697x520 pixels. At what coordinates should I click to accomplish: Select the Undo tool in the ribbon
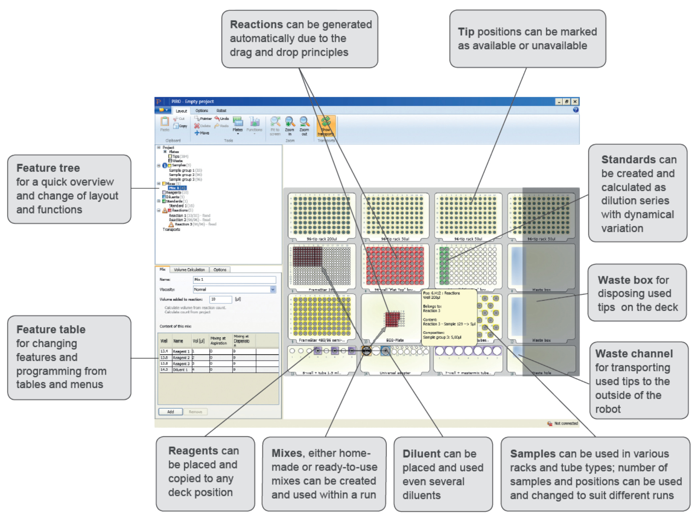coord(222,119)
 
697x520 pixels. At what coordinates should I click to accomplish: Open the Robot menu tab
coord(221,111)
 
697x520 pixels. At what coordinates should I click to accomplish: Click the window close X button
coord(575,102)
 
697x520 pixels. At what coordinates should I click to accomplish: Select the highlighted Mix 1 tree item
coord(177,188)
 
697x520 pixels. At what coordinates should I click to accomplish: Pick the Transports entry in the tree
coord(171,229)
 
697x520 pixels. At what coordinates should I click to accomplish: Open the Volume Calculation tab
coord(189,270)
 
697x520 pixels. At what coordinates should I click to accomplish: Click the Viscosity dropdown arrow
coord(273,289)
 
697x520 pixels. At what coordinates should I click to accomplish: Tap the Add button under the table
coord(171,411)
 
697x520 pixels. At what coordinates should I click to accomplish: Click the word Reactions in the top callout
coord(257,25)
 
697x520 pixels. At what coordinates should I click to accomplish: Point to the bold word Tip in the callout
coord(466,32)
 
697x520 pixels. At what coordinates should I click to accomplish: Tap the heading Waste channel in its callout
coord(634,354)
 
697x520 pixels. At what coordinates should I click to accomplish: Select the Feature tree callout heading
coord(48,168)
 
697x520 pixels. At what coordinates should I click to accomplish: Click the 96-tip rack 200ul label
coord(322,239)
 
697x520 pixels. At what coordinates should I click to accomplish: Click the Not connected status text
coord(566,423)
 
